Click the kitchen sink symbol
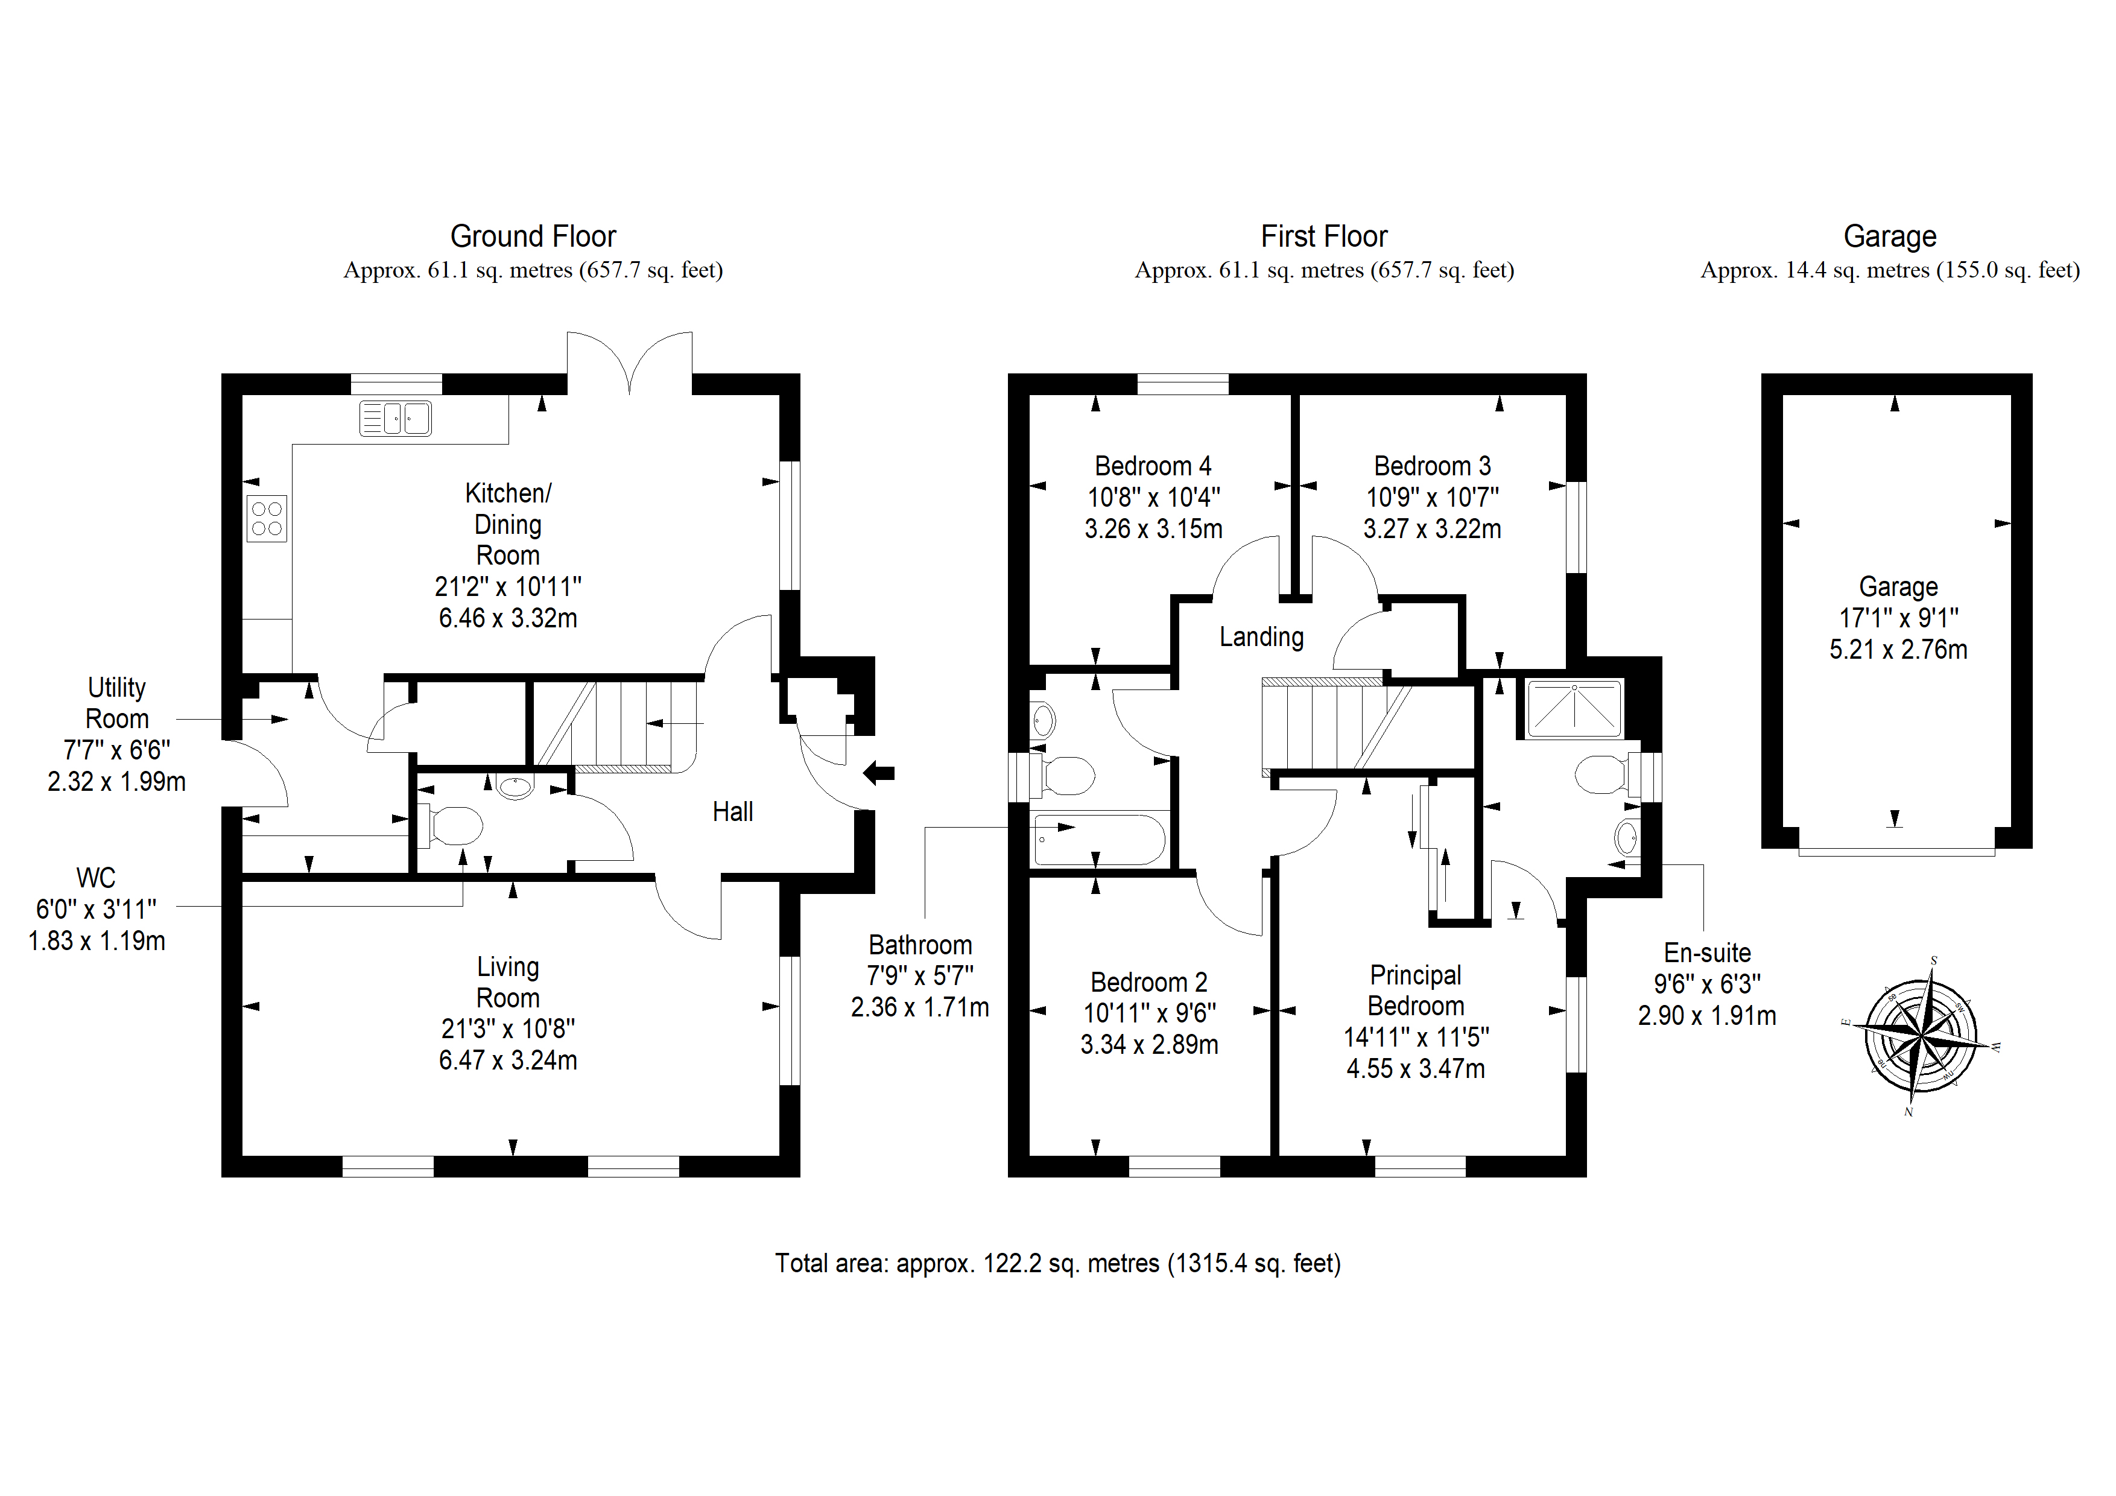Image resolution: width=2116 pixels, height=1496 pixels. [x=394, y=419]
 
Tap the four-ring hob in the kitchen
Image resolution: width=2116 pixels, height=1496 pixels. [x=267, y=518]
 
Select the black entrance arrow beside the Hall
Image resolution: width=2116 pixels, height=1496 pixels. [x=879, y=773]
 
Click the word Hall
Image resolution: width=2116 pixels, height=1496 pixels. [x=733, y=812]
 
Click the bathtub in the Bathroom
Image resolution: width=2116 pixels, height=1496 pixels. [x=1100, y=840]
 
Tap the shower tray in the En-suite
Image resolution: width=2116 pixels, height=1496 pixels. [x=1575, y=709]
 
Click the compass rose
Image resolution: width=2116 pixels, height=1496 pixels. [x=1922, y=1037]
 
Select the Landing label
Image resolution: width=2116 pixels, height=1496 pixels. [x=1262, y=637]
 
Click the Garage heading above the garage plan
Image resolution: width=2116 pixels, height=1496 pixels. [x=1889, y=237]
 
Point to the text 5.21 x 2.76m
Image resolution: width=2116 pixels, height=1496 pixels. [x=1898, y=650]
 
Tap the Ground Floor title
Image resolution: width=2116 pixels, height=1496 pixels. [x=533, y=237]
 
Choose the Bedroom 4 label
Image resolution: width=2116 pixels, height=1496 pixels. [x=1153, y=466]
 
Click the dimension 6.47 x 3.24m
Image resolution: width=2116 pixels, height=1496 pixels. [x=508, y=1061]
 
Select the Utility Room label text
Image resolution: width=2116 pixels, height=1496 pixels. [x=117, y=703]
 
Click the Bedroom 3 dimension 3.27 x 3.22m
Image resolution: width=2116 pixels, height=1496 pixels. [x=1432, y=529]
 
